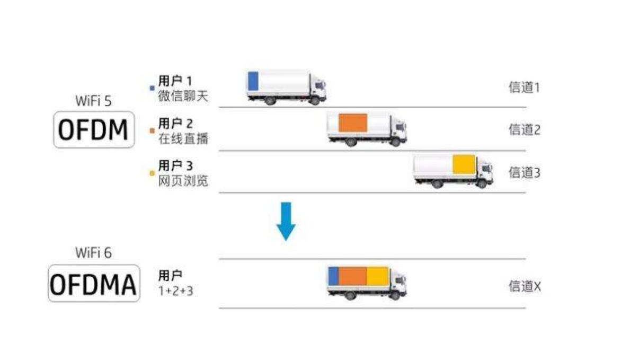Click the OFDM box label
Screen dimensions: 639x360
pos(94,129)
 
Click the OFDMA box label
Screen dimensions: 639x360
pos(94,284)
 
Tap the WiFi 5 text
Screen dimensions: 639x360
pos(93,101)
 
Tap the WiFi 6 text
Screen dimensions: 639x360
pos(93,253)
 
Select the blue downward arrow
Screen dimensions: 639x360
pos(286,221)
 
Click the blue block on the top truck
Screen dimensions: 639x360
pos(253,81)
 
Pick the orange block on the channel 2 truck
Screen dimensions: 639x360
pos(353,123)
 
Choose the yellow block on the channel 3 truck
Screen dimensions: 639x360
pos(464,164)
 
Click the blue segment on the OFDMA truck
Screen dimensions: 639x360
pos(333,276)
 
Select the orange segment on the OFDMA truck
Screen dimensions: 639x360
pos(352,276)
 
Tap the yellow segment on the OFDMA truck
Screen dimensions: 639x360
pos(378,276)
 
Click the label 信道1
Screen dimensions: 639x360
pos(525,87)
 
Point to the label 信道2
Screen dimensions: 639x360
pos(525,129)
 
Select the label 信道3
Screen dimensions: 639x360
pos(525,172)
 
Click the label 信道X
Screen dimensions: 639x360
pos(525,286)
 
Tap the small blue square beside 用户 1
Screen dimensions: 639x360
pos(152,88)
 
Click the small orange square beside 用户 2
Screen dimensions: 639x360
pos(152,131)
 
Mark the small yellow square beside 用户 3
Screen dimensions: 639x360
pos(152,173)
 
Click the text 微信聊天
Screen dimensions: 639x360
pos(183,96)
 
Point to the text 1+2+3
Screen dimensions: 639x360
pos(176,291)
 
